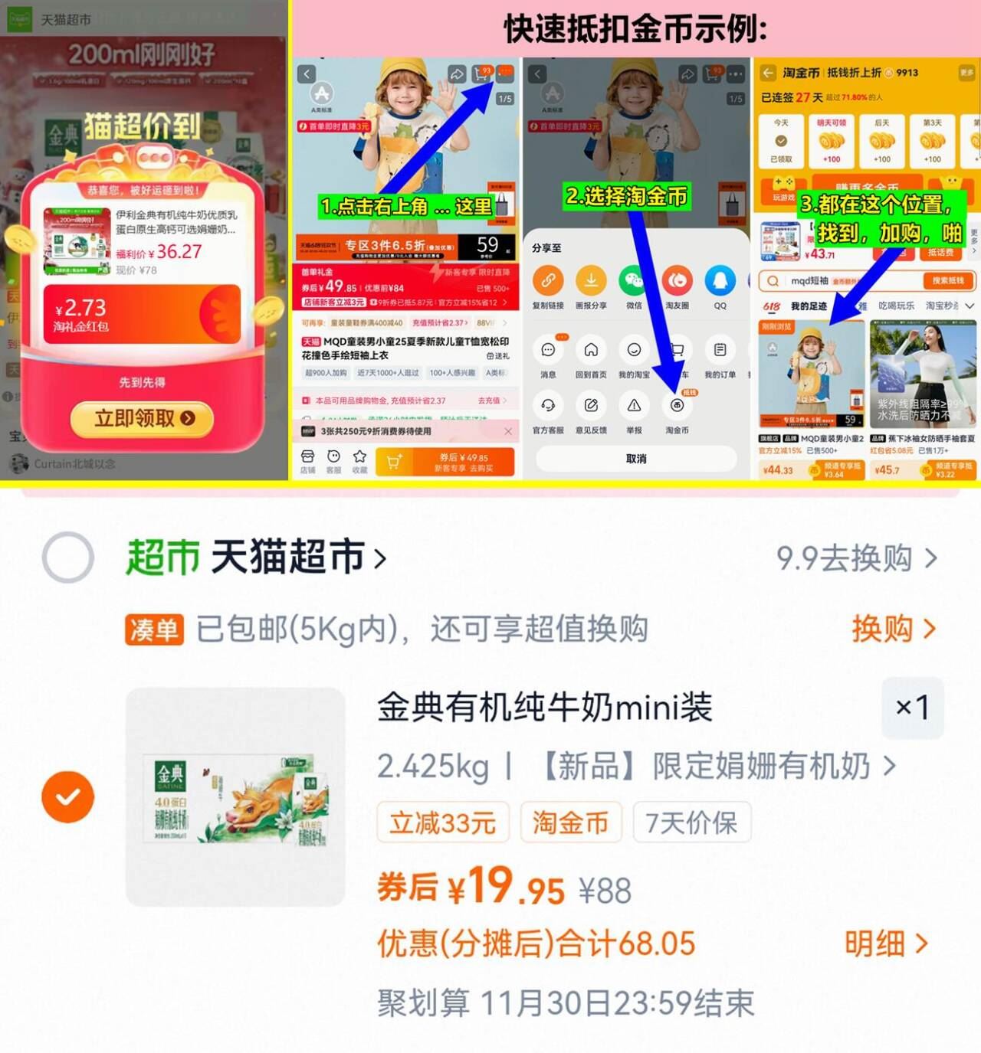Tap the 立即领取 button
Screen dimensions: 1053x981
click(143, 418)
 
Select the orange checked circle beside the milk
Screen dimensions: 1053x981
click(68, 797)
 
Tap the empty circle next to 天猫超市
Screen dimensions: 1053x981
click(68, 558)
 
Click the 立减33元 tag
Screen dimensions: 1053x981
click(443, 823)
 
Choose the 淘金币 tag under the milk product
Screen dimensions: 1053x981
click(570, 823)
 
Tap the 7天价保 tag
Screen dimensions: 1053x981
click(691, 823)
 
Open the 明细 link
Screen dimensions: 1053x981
click(886, 944)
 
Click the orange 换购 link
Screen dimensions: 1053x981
click(894, 629)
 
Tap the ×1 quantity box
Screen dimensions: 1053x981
click(912, 707)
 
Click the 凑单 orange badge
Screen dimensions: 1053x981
click(154, 630)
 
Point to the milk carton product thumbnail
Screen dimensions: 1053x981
click(235, 797)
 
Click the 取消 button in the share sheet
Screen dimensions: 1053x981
click(636, 459)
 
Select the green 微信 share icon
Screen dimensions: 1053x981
click(634, 281)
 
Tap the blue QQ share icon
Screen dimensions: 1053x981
click(720, 281)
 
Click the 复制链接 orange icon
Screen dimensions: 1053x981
click(548, 281)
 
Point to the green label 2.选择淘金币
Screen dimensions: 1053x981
click(626, 196)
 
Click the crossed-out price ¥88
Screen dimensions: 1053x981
click(605, 891)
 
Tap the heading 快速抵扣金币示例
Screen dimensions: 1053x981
click(635, 30)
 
